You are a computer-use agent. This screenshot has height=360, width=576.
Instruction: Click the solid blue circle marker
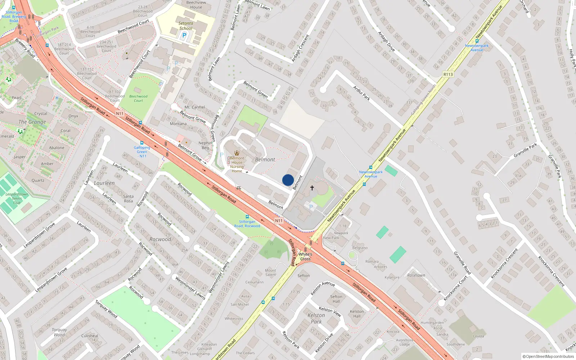(288, 180)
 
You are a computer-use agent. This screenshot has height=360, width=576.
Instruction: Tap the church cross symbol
(312, 188)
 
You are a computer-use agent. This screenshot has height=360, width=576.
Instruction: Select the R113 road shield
(448, 75)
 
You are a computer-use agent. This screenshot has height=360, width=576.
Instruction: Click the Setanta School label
(186, 26)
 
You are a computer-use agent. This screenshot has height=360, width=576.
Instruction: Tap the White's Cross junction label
(305, 257)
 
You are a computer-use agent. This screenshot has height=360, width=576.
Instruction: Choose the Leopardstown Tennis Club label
(17, 198)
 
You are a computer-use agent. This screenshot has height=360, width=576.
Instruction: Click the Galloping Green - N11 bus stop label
(142, 152)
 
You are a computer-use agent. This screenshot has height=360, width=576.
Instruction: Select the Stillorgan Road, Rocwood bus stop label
(247, 224)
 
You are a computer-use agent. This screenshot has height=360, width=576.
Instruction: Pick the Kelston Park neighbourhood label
(316, 318)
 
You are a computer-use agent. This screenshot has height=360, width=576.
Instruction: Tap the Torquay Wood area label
(59, 332)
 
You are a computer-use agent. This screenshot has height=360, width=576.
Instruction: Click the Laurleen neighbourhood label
(104, 183)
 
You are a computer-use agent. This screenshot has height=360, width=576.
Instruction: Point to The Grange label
(32, 122)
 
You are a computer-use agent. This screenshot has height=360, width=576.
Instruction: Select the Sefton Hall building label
(336, 299)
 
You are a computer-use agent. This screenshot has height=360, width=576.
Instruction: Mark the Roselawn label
(416, 275)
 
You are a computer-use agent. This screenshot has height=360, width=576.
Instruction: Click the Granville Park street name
(525, 150)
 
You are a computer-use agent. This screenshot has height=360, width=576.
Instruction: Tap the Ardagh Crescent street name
(300, 48)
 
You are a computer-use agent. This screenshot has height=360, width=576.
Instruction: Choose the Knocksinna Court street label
(455, 288)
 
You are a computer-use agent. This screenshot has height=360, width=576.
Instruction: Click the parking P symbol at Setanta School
(184, 35)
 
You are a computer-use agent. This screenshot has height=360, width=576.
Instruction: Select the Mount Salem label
(271, 273)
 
